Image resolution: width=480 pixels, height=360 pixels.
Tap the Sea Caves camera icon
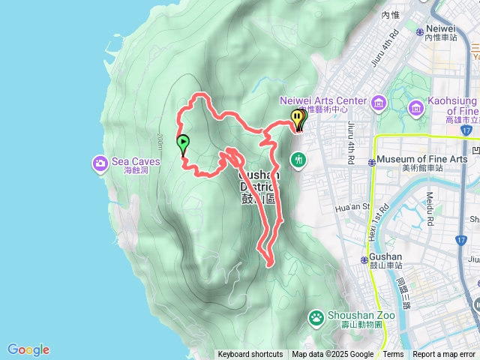(x=100, y=163)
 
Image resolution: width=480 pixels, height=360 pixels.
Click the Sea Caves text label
(x=130, y=160)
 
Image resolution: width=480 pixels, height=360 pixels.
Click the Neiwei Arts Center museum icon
(x=376, y=101)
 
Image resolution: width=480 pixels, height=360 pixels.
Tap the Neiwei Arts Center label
(x=323, y=100)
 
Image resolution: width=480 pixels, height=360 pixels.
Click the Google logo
(x=28, y=349)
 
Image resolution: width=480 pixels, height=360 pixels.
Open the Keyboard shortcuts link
(x=250, y=355)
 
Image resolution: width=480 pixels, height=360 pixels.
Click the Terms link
(x=393, y=355)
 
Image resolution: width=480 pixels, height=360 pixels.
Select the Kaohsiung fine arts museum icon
(x=415, y=110)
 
